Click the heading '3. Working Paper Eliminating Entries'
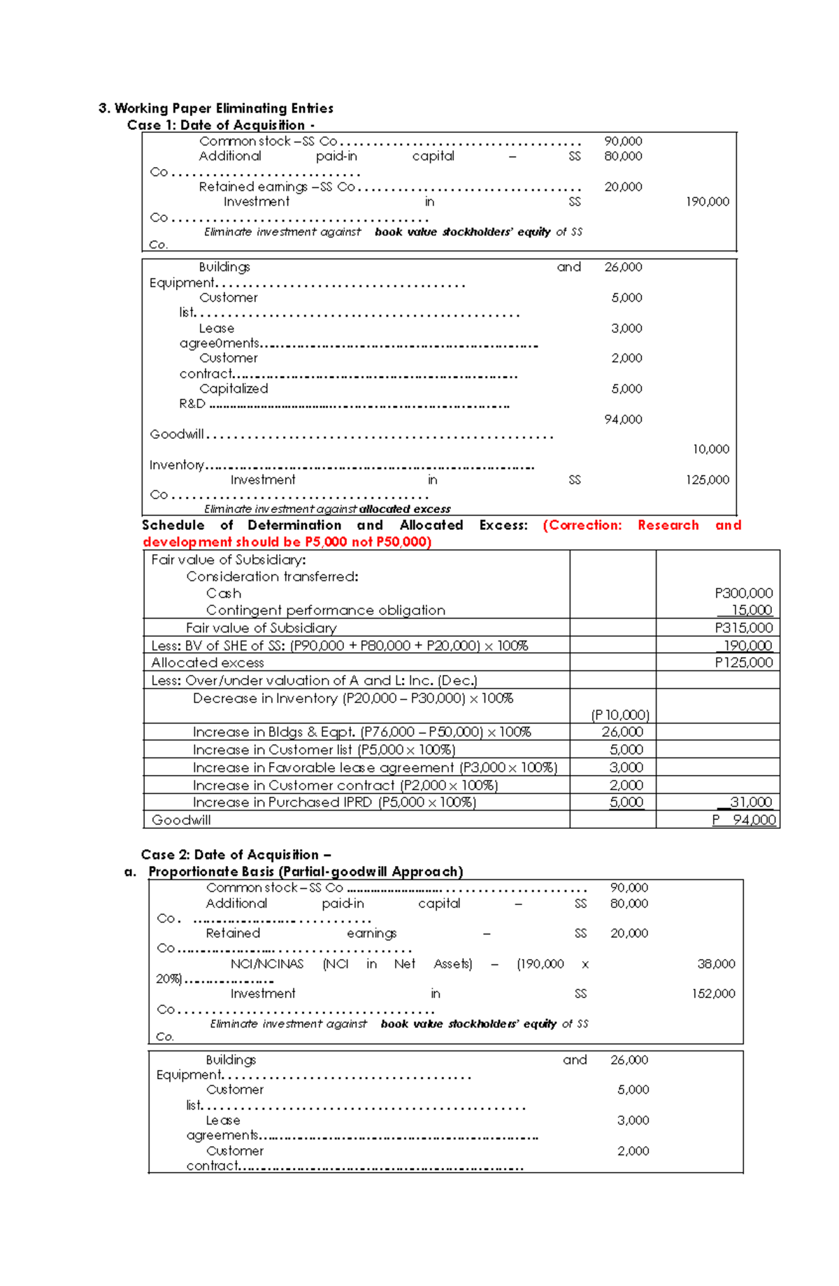click(x=216, y=108)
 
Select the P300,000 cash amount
click(x=743, y=593)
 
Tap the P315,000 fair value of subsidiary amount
click(x=743, y=628)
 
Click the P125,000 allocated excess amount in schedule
click(x=743, y=663)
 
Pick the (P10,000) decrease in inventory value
click(x=620, y=715)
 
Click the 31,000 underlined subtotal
click(x=750, y=802)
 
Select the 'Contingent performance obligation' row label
click(x=325, y=610)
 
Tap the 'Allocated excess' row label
click(x=208, y=663)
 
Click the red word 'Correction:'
click(x=582, y=526)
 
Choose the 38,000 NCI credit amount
click(x=716, y=964)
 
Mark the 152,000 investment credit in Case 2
click(x=713, y=994)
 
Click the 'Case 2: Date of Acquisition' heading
click(x=236, y=855)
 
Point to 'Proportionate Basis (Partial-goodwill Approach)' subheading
click(x=306, y=872)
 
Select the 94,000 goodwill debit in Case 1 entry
click(x=623, y=419)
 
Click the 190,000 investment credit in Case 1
click(x=707, y=202)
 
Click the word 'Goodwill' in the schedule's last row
click(x=181, y=820)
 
